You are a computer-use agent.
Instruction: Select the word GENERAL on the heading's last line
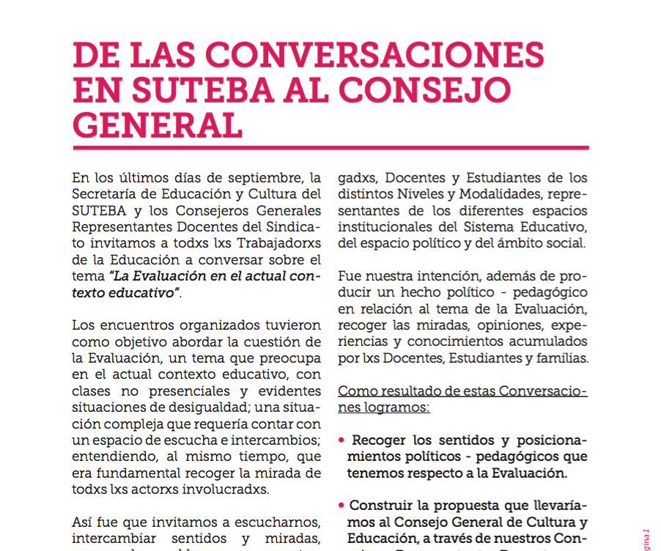(x=158, y=125)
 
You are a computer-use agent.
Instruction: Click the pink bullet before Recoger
(x=342, y=442)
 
